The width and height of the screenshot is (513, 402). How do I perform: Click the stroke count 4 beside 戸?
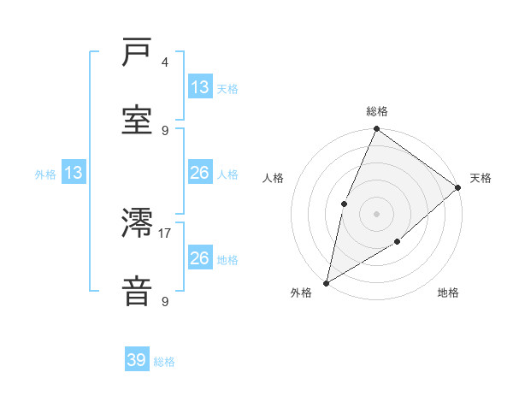165,62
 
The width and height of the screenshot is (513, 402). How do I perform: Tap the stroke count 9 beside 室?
165,130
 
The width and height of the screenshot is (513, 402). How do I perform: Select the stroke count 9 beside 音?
165,301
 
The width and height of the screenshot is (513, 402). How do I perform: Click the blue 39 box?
137,360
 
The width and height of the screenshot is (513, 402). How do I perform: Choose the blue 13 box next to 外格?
74,174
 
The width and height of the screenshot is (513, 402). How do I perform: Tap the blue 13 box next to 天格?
200,87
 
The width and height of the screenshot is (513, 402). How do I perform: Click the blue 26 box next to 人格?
200,173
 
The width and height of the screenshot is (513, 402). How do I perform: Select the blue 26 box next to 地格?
200,257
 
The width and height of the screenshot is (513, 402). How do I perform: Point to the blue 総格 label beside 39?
164,362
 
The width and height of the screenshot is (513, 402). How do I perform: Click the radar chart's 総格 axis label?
377,111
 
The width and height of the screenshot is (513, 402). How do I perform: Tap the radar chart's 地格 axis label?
448,293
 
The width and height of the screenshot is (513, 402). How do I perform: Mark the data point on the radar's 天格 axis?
457,187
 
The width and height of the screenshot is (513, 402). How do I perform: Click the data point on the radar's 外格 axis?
327,282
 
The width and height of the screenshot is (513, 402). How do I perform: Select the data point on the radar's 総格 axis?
377,129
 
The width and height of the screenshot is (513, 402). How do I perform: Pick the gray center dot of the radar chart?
377,213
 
